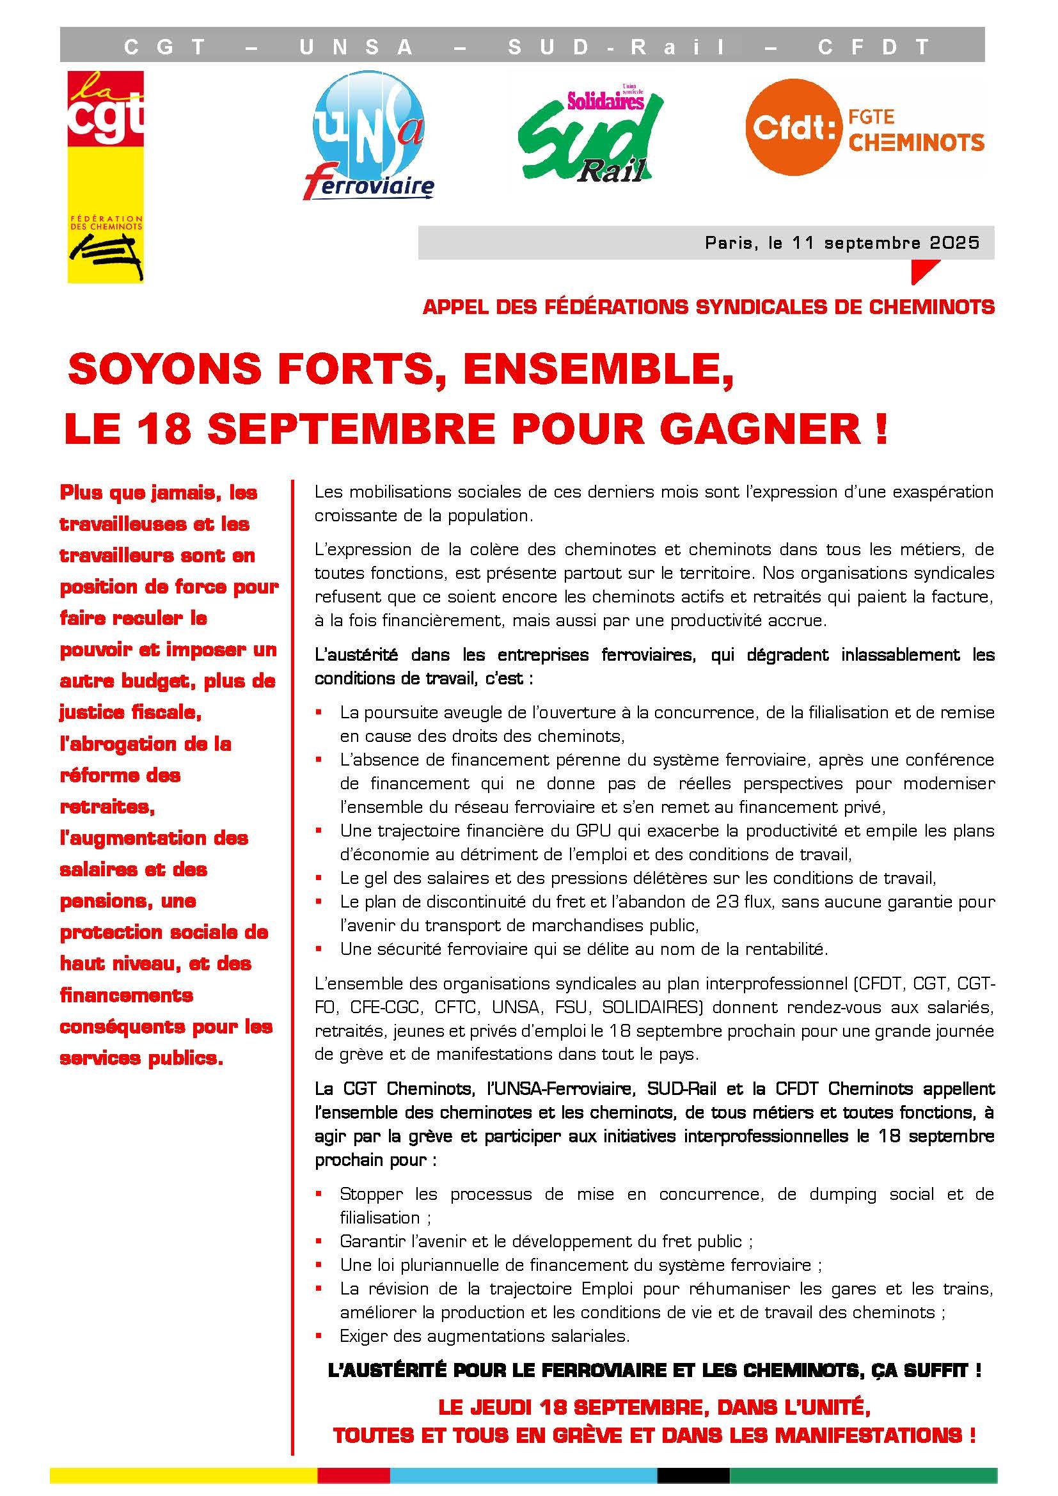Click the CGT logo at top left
click(x=106, y=176)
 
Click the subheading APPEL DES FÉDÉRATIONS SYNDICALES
click(x=708, y=307)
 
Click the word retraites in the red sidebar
click(x=107, y=807)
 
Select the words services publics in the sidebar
click(x=141, y=1058)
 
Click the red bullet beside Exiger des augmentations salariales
click(x=319, y=1335)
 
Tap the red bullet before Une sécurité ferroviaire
click(x=319, y=949)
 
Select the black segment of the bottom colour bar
click(x=693, y=1475)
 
